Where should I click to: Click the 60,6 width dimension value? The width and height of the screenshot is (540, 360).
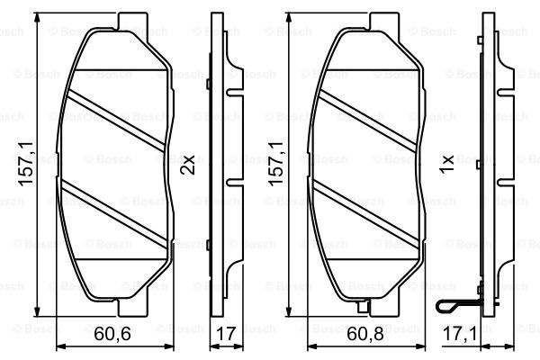point(112,334)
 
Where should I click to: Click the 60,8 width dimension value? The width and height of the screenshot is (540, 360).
point(365,334)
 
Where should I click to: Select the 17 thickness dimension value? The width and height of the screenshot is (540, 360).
point(226,334)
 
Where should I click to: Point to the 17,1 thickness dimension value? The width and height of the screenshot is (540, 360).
point(460,334)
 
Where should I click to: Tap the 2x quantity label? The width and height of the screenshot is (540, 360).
point(188,165)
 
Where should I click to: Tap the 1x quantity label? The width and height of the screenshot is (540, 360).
point(446,165)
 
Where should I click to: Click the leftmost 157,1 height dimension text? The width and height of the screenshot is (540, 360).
point(26,164)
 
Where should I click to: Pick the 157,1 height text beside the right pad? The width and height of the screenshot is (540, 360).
point(276,164)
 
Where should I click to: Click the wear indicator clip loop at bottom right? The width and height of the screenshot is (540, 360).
point(446,306)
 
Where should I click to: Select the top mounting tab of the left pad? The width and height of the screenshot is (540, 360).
point(133,22)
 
